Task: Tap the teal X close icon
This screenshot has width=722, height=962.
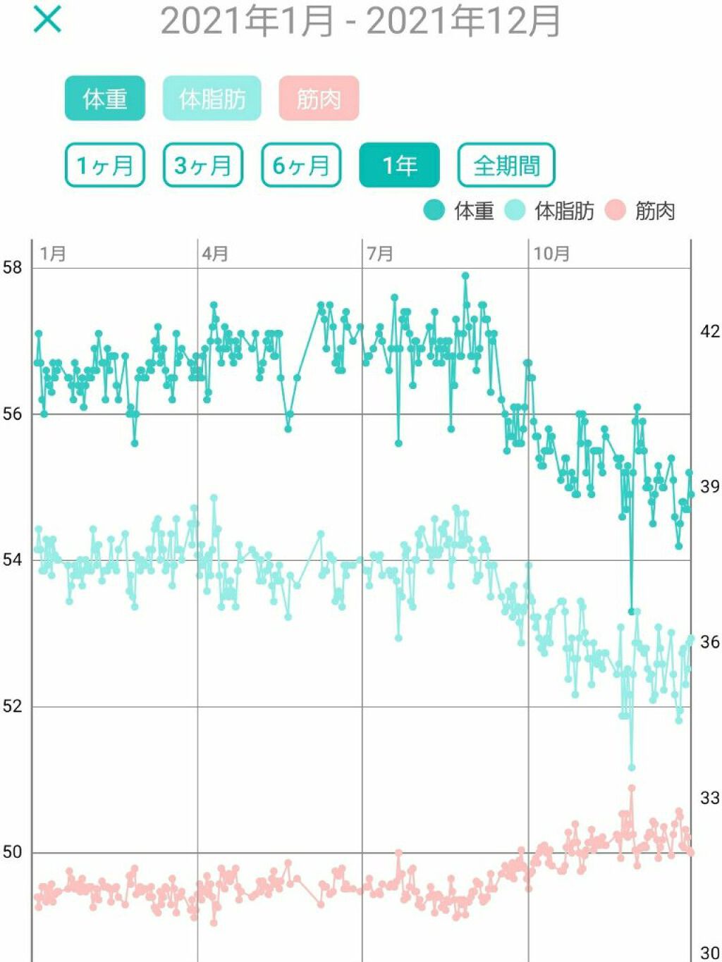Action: (x=47, y=20)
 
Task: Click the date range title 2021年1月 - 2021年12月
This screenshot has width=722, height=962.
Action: (x=360, y=21)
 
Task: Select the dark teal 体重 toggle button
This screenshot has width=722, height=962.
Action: (x=105, y=99)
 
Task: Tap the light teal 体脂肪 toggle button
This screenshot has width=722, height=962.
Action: (x=212, y=99)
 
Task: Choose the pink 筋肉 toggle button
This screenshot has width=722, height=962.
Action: (x=319, y=99)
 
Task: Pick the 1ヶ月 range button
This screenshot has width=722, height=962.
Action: (x=105, y=166)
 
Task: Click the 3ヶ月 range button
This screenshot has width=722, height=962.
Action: (x=203, y=166)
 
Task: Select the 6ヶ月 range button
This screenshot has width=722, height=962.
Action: (x=301, y=166)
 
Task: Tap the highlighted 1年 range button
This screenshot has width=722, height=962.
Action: (x=399, y=166)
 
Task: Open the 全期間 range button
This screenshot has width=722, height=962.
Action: (x=506, y=166)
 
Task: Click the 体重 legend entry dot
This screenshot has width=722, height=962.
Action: (x=434, y=210)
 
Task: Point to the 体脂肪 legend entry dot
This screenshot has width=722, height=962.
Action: (x=515, y=210)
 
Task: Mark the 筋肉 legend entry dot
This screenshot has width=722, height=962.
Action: (x=615, y=210)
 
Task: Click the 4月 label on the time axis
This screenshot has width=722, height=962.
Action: (x=215, y=254)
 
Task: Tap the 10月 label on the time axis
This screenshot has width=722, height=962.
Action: (x=551, y=254)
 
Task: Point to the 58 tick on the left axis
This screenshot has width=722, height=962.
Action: (x=13, y=268)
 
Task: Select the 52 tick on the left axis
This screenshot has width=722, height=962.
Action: (x=13, y=706)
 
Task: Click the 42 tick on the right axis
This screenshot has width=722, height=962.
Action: (x=710, y=331)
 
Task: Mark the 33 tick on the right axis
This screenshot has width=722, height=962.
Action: (x=710, y=798)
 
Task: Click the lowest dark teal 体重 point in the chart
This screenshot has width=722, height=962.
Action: (x=632, y=611)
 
